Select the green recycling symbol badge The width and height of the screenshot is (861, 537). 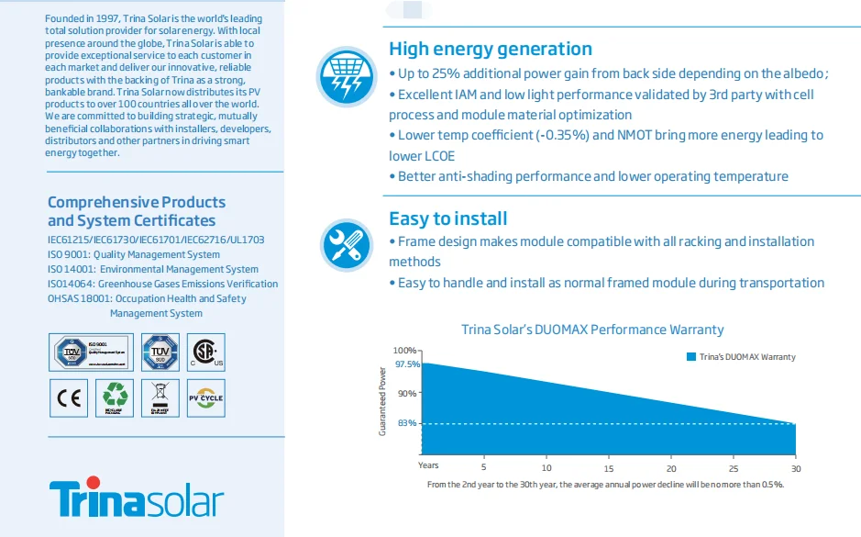(116, 397)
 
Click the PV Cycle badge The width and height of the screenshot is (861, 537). (204, 398)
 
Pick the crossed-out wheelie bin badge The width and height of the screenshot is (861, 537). (160, 397)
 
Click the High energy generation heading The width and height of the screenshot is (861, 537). (491, 49)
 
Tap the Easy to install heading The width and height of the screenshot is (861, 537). (447, 218)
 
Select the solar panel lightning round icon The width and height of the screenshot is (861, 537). (347, 76)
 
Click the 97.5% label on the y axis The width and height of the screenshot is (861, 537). (407, 364)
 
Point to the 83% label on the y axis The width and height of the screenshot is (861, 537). (408, 423)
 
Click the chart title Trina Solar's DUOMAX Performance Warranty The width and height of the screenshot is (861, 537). (591, 330)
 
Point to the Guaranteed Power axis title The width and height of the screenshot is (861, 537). (382, 400)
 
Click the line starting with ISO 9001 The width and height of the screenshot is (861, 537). (134, 254)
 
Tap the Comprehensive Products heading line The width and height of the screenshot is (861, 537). (136, 202)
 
